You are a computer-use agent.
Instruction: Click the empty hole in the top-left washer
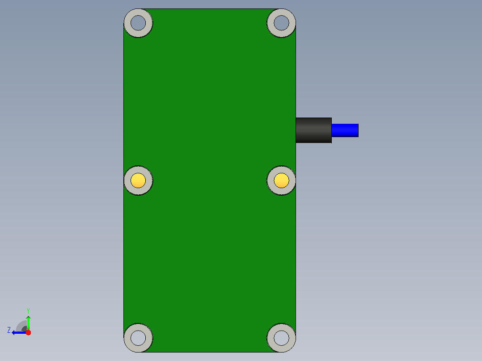(x=138, y=23)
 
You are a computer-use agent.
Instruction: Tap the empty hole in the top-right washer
(x=281, y=23)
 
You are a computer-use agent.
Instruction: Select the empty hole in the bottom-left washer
(x=138, y=338)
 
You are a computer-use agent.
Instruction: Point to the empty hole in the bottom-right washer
(x=281, y=338)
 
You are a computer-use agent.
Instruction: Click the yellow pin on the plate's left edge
(x=138, y=180)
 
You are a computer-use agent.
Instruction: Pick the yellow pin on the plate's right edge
(x=281, y=180)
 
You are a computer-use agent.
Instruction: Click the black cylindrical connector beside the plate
(x=313, y=130)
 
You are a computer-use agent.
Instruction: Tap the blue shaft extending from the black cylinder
(x=345, y=130)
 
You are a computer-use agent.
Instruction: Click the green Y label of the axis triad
(x=28, y=311)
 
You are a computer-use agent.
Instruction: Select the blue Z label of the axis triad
(x=9, y=330)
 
